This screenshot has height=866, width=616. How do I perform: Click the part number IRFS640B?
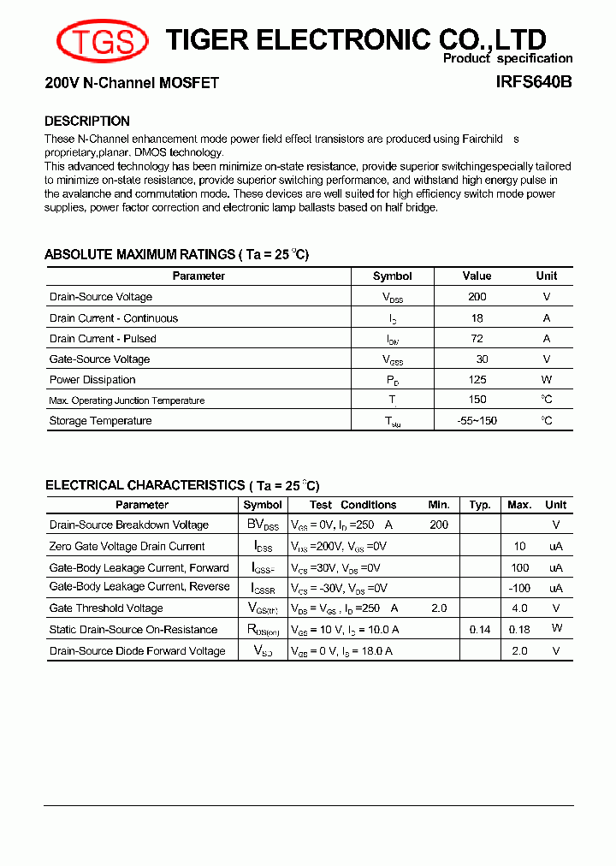tap(534, 83)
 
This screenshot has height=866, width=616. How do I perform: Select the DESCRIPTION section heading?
tap(87, 122)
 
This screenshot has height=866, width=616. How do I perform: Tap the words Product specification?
tap(507, 58)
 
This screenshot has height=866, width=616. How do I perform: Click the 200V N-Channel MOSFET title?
tap(132, 83)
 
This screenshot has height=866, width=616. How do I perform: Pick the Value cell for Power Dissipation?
tap(477, 379)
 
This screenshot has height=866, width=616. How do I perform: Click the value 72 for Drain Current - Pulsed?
tap(477, 338)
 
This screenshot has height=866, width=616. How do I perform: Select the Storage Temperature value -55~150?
tap(477, 420)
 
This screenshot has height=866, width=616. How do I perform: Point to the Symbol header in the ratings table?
tap(393, 276)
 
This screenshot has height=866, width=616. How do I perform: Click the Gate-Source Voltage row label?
tap(99, 359)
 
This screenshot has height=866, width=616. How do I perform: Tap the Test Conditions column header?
tap(352, 505)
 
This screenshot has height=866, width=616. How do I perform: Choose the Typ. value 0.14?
tap(480, 629)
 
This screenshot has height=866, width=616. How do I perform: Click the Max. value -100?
tap(519, 588)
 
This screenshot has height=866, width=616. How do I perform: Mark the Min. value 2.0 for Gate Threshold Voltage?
tap(439, 608)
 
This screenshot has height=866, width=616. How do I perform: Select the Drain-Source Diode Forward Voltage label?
tap(138, 650)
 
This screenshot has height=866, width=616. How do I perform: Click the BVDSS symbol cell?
tap(263, 525)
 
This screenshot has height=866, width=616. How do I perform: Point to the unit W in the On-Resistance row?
tap(556, 629)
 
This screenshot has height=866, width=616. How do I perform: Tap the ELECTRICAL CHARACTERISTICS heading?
tap(182, 485)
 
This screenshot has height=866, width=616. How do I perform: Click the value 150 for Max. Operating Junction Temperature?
tap(477, 400)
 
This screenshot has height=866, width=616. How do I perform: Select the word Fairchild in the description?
tap(482, 139)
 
